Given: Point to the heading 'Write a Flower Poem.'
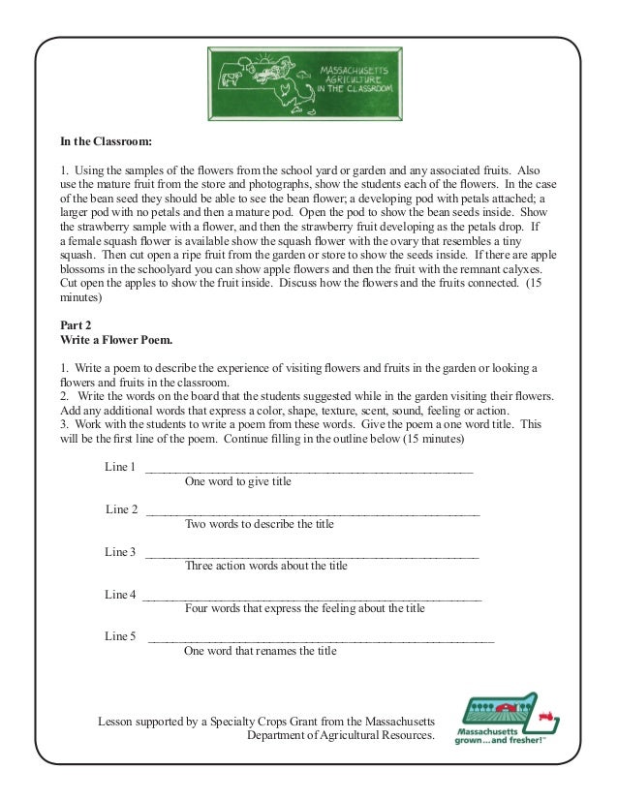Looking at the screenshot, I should pos(116,341).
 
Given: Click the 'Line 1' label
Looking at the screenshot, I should pos(120,467).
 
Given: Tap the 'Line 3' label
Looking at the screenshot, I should pos(120,552).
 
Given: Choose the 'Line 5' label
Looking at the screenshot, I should pos(120,636).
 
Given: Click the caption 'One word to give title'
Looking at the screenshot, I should pos(237,481).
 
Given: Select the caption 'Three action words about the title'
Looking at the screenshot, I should pos(265,566).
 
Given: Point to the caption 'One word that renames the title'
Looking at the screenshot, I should pos(260,651).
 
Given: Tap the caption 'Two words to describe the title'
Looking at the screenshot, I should pos(259,524).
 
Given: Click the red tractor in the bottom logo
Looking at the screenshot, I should pos(545,718).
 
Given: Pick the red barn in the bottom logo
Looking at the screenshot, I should pos(503,708).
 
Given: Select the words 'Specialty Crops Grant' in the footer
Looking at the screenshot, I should pos(278,722).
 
